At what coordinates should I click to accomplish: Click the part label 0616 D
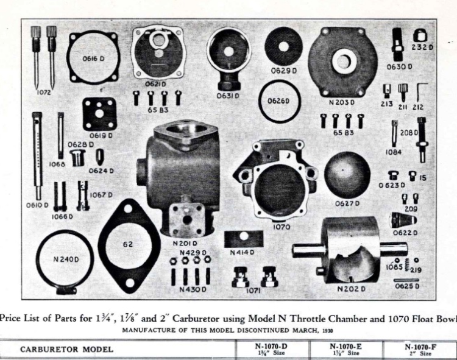click(93, 59)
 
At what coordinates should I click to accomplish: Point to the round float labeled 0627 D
click(347, 174)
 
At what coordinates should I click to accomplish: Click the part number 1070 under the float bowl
click(282, 227)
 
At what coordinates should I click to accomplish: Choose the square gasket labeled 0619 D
click(99, 114)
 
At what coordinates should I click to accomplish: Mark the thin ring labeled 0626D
click(260, 101)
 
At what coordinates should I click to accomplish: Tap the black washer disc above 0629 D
click(283, 46)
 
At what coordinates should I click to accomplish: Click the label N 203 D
click(342, 102)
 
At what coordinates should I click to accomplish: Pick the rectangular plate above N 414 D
click(244, 239)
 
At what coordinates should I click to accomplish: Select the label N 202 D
click(351, 289)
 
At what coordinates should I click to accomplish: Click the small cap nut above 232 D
click(420, 35)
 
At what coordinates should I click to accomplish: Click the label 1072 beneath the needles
click(44, 93)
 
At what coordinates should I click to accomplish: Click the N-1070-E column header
click(345, 349)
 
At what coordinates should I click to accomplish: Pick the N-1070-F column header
click(420, 350)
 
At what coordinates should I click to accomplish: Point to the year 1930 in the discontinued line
click(328, 331)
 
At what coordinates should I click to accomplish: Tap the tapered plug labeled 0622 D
click(403, 220)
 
